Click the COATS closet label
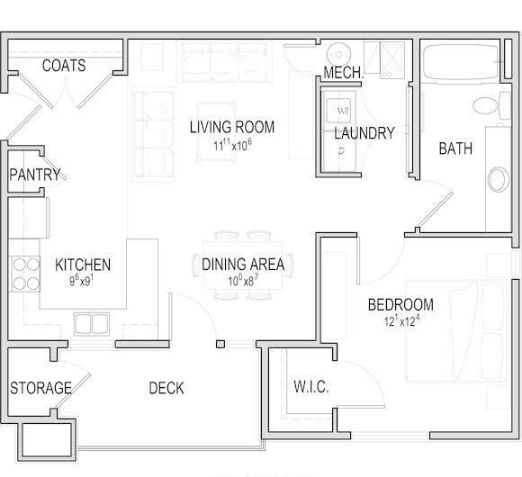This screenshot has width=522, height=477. [x=64, y=65]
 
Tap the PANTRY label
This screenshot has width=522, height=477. [x=35, y=175]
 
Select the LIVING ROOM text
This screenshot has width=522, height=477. [x=232, y=127]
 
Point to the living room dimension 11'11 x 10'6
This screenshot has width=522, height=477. [x=232, y=145]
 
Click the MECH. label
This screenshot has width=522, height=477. [x=344, y=73]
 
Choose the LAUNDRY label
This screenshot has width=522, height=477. [x=364, y=133]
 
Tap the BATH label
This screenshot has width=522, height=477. [x=455, y=148]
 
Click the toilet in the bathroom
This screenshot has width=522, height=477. [x=491, y=105]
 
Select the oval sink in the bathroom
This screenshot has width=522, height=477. [x=498, y=179]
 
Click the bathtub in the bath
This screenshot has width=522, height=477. [x=461, y=61]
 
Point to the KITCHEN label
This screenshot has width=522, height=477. [x=83, y=265]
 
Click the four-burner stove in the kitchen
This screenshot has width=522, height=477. [x=26, y=274]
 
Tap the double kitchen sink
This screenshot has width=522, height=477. [x=92, y=323]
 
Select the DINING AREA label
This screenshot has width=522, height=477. [x=243, y=264]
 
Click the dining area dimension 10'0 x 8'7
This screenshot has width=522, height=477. [x=243, y=282]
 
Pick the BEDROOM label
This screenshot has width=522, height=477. [x=400, y=304]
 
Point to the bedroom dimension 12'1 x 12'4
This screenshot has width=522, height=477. [x=401, y=321]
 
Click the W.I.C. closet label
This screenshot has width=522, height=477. [x=311, y=387]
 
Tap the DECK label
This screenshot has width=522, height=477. [x=166, y=388]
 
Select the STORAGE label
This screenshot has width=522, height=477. [x=40, y=388]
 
